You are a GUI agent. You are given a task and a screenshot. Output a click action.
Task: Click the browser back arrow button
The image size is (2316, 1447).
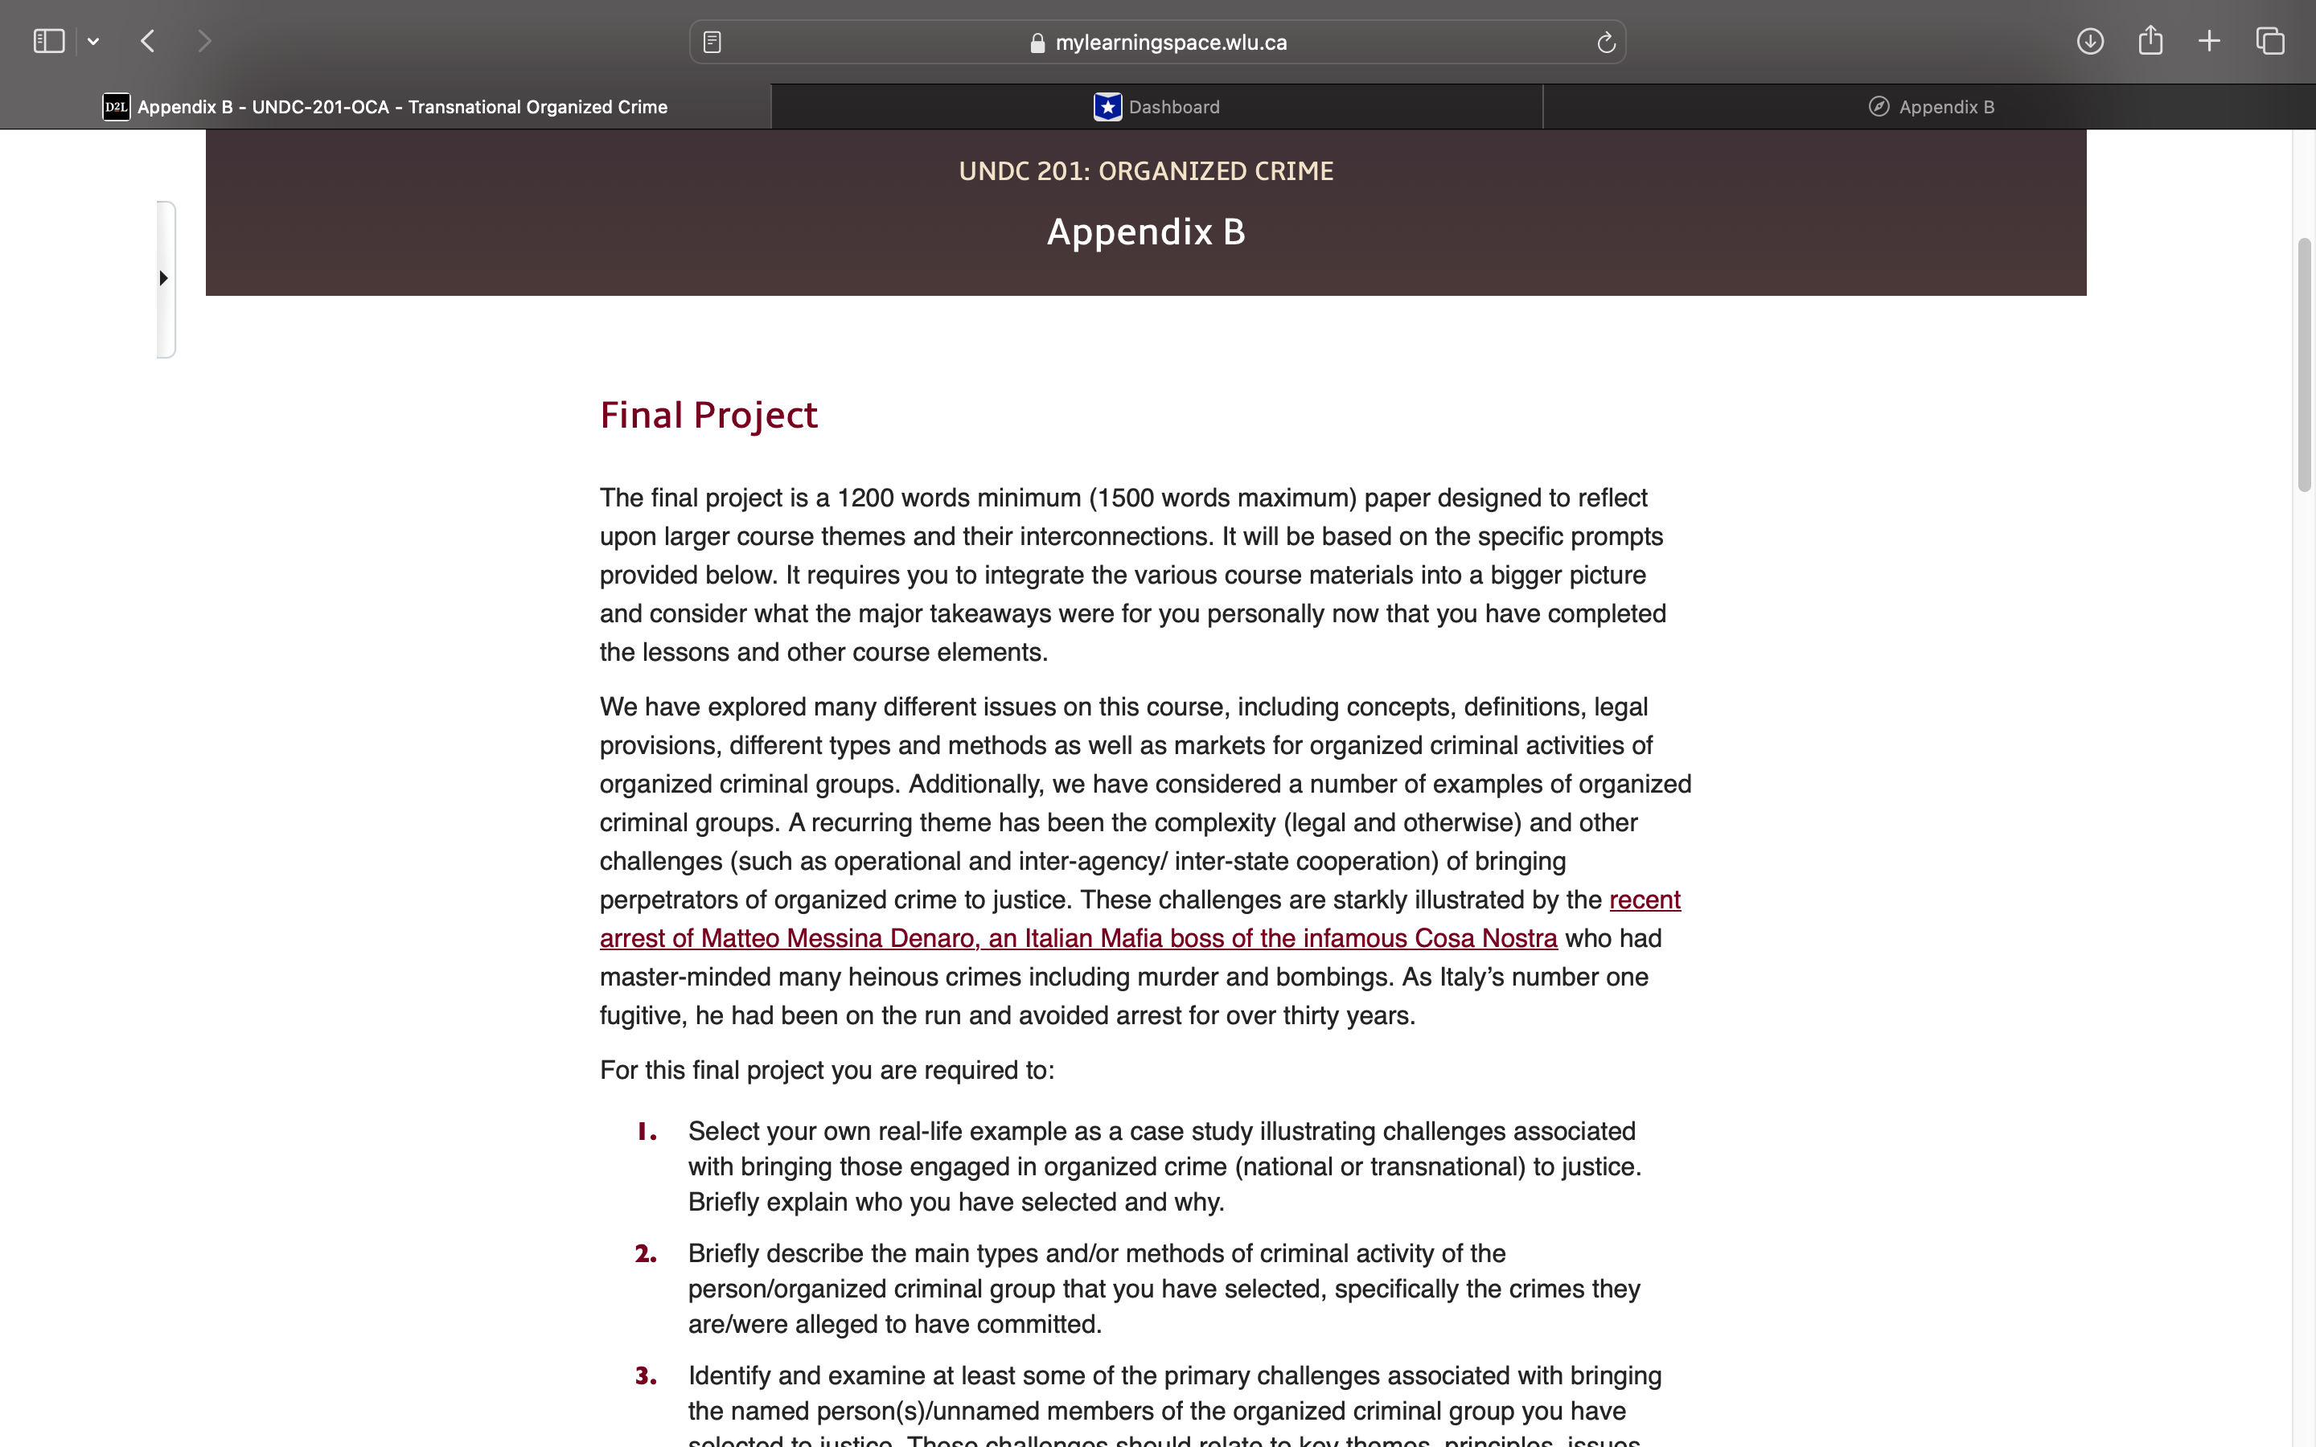147,41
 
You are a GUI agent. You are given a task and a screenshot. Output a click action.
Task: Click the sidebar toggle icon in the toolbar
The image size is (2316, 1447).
49,41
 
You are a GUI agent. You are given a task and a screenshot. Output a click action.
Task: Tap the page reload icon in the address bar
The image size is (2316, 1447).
1606,42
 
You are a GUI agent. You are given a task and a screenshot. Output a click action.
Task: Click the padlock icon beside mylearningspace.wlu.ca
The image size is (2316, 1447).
1037,43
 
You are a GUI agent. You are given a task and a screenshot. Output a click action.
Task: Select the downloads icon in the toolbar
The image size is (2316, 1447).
2089,41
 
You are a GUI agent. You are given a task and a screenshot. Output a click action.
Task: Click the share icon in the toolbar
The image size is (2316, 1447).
2150,40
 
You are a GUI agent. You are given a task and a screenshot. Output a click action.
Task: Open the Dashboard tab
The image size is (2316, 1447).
1157,106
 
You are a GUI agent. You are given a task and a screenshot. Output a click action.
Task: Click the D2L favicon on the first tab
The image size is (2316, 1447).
116,106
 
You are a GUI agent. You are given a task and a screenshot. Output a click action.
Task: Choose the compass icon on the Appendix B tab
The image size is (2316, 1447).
1879,106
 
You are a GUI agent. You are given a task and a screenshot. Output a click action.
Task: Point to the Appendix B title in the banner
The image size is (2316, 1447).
1146,232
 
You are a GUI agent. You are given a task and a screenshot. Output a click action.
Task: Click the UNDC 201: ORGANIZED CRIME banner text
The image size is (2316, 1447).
1146,171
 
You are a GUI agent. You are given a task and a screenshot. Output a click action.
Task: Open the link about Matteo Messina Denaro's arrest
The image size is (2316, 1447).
1078,938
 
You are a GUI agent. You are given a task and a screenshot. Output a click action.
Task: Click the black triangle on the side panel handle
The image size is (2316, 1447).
164,278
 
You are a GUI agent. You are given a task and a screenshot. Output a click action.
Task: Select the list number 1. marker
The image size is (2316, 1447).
647,1132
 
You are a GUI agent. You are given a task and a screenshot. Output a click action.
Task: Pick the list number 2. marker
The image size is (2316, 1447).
646,1254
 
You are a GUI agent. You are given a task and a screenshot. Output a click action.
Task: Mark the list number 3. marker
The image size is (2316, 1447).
646,1376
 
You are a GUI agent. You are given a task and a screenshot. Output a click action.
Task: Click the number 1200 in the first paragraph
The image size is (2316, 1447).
865,498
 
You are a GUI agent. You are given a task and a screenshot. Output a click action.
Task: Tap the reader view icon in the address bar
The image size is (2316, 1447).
712,42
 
